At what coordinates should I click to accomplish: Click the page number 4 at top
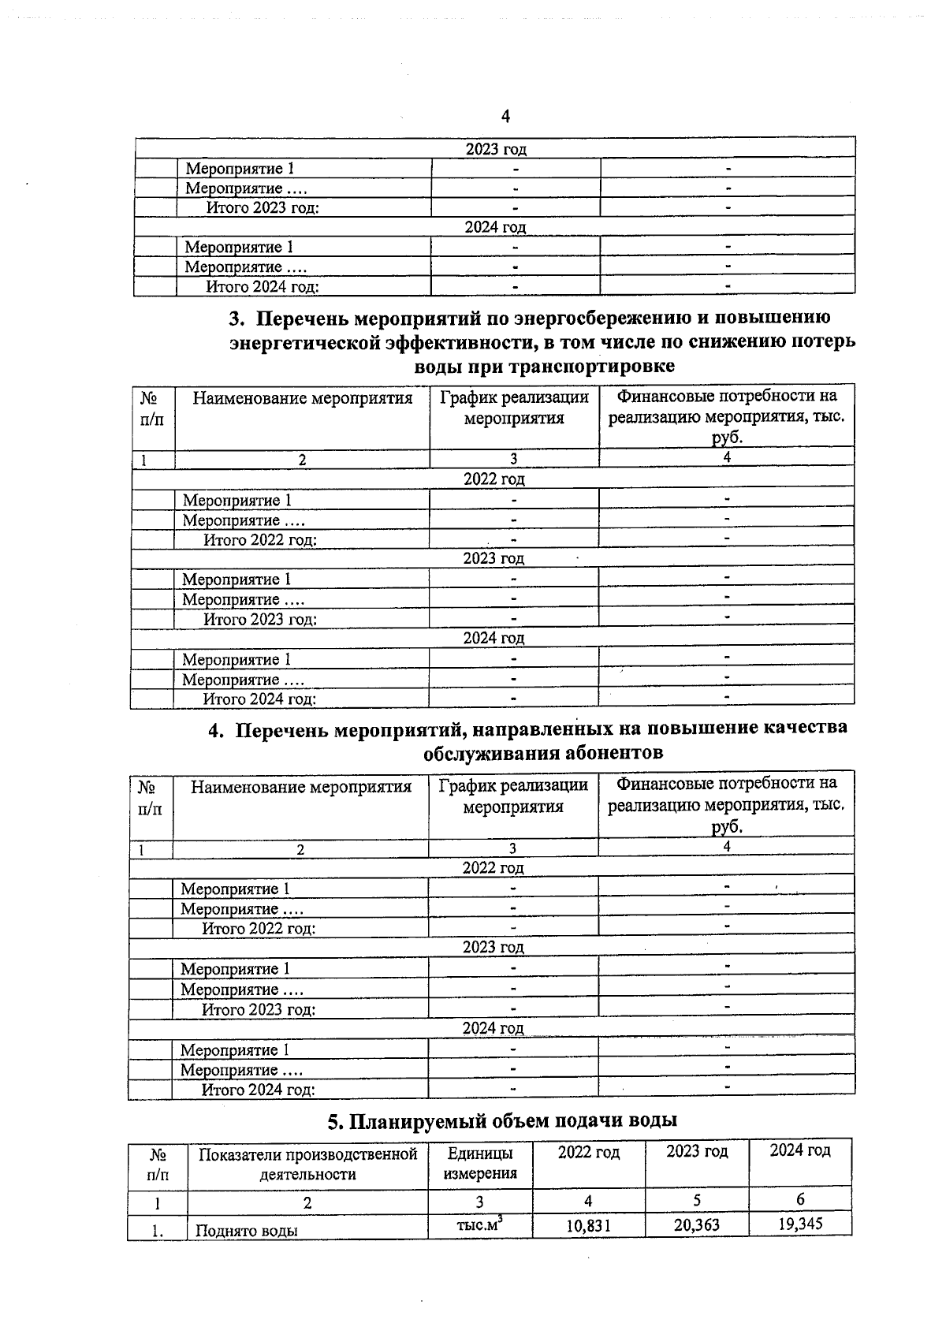point(505,117)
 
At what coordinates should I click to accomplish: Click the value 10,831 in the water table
point(588,1226)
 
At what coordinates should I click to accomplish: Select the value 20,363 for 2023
point(696,1224)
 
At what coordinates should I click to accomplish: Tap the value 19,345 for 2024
point(799,1224)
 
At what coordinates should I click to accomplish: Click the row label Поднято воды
point(246,1230)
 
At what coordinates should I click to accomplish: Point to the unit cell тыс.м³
point(479,1224)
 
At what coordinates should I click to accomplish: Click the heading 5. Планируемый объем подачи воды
point(502,1120)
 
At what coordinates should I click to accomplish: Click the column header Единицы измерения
point(480,1163)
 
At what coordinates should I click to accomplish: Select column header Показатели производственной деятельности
point(307,1164)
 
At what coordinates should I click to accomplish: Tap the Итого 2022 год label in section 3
point(260,540)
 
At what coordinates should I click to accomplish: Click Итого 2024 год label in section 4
point(259,1090)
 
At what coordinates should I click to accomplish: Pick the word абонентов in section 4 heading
point(613,752)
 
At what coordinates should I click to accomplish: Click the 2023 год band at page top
point(495,149)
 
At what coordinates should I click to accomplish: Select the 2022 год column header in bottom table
point(588,1152)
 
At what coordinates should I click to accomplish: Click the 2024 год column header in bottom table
point(799,1150)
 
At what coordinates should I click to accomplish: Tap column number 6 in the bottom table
point(800,1199)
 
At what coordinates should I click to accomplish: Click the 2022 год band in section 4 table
point(493,867)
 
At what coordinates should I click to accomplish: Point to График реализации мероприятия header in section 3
point(514,408)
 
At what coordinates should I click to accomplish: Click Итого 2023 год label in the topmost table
point(263,208)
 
